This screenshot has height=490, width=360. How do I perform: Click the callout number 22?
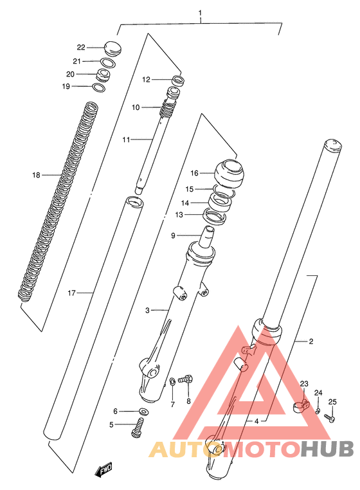point(81,48)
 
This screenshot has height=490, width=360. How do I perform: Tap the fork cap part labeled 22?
point(113,47)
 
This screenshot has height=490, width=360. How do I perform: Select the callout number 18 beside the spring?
point(36,175)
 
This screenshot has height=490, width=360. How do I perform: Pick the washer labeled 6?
point(143,411)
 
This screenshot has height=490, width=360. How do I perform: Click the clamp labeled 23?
point(301,407)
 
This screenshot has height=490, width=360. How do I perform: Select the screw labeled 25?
point(330,417)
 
